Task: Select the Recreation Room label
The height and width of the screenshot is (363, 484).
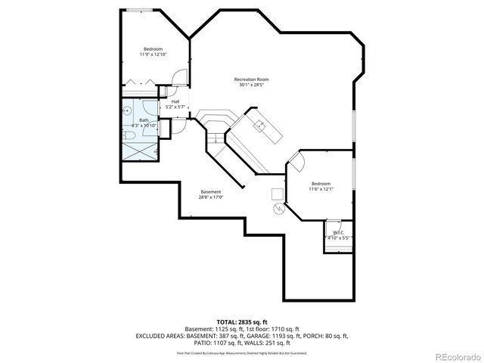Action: click(251, 79)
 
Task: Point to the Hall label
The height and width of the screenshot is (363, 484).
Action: click(175, 101)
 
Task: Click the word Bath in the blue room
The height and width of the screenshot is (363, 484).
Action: click(144, 120)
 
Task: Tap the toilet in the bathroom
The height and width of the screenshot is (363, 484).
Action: click(129, 135)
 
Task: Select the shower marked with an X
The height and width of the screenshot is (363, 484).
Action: click(139, 151)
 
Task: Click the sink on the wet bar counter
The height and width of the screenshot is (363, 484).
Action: click(259, 124)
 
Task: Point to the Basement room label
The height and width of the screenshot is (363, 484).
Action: click(211, 191)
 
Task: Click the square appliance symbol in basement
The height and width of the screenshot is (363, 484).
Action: click(277, 193)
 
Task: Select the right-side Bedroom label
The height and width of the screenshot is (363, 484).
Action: click(321, 184)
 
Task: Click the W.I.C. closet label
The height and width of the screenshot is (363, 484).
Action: click(337, 232)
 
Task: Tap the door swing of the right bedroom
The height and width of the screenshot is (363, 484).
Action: click(296, 160)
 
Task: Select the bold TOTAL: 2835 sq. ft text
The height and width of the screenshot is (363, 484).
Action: click(242, 322)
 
